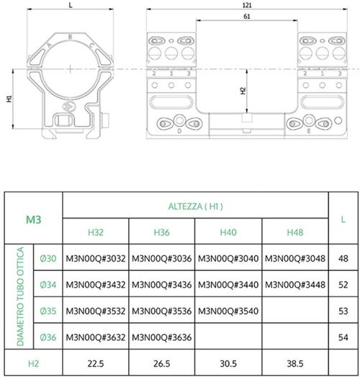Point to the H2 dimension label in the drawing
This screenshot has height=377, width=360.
(243, 92)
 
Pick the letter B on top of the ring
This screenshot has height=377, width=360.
(69, 35)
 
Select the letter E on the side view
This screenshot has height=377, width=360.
(307, 132)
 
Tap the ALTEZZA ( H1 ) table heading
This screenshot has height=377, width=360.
(196, 205)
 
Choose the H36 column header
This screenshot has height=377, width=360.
(162, 232)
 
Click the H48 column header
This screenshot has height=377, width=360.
(295, 232)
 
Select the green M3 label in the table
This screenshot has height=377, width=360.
(33, 218)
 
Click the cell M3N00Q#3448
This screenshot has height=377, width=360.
(295, 285)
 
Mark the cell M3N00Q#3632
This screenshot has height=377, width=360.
(96, 337)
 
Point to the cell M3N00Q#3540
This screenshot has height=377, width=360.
(228, 312)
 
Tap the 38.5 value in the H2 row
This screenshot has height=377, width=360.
(295, 364)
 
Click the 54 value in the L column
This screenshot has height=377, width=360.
(343, 337)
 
